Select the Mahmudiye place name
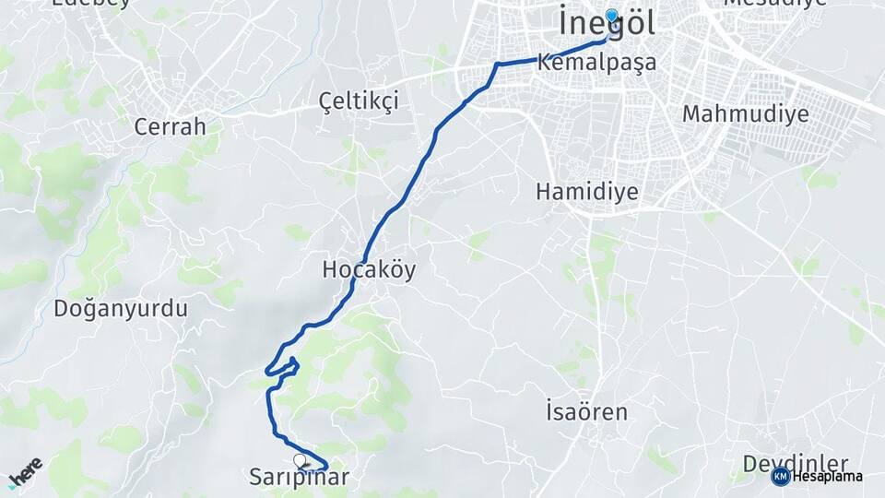(x=746, y=113)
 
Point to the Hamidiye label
(x=587, y=191)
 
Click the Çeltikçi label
(x=359, y=101)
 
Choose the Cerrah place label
(x=170, y=126)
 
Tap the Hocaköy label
(x=369, y=269)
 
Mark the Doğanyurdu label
(x=121, y=308)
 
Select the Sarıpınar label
(x=300, y=477)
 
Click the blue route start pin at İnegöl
(x=610, y=17)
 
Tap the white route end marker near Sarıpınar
(x=300, y=459)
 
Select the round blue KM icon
(x=780, y=476)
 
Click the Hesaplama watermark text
(x=827, y=476)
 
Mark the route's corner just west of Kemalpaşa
(x=498, y=65)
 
